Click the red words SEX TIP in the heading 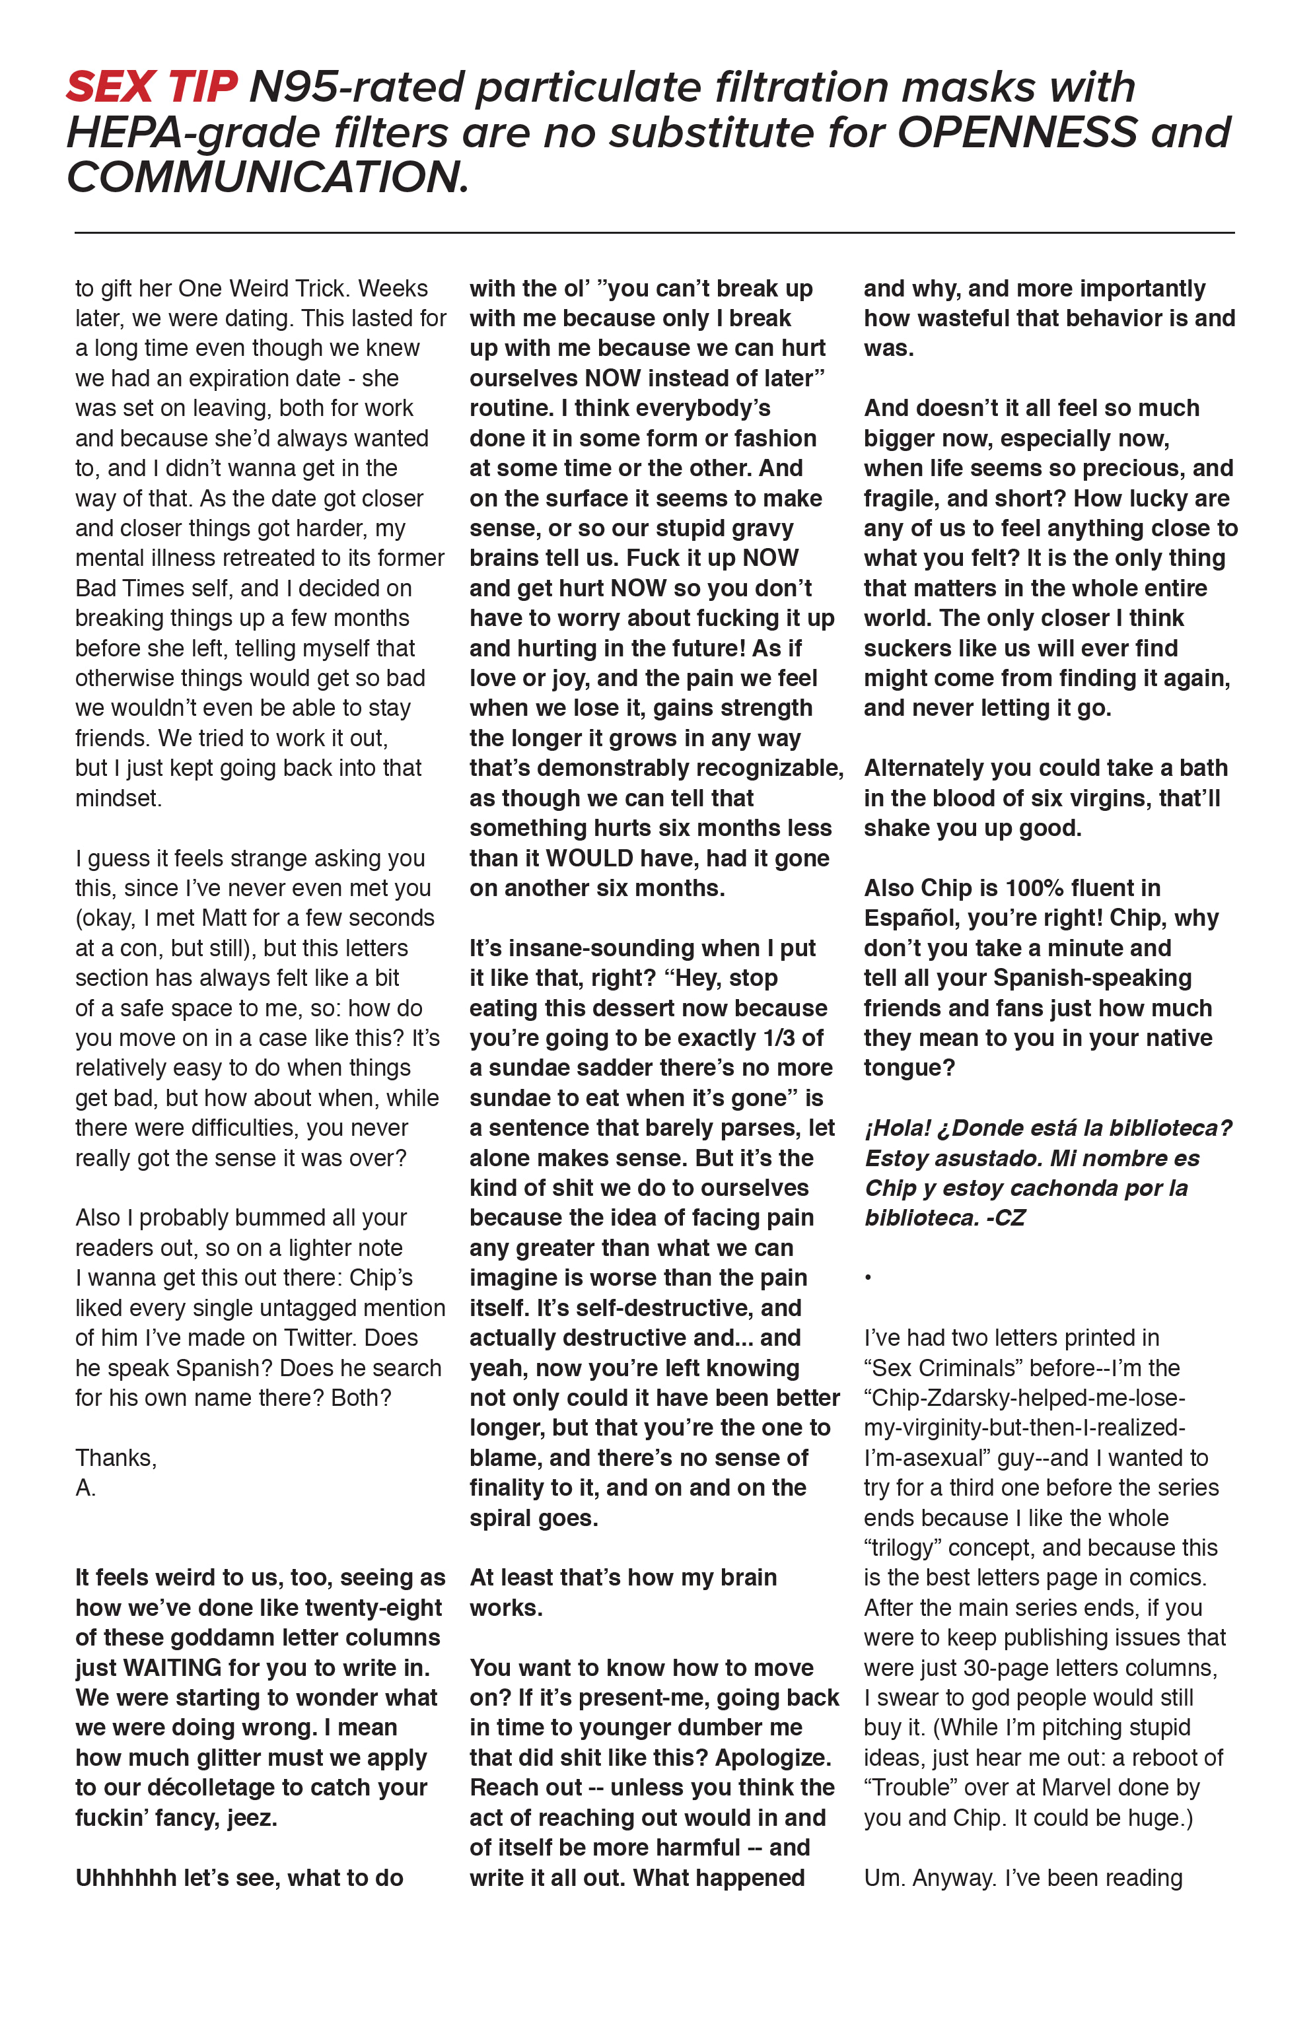tap(151, 87)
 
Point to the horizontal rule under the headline tap(654, 232)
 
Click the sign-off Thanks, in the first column tap(116, 1457)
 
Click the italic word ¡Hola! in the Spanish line tap(898, 1129)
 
